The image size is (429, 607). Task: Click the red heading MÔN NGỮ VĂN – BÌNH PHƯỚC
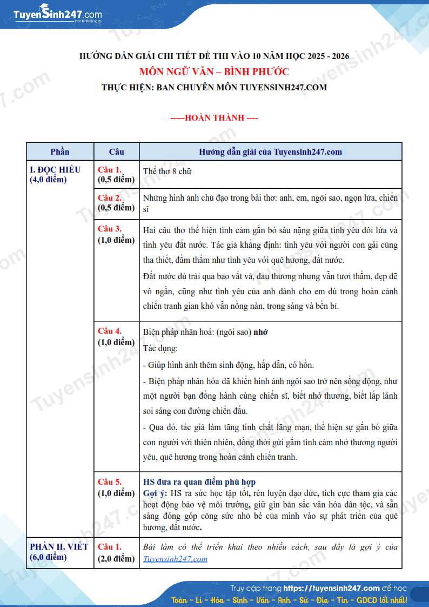214,72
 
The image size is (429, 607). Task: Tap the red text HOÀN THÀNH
215,118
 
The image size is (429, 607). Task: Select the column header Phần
60,152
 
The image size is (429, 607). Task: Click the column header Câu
117,152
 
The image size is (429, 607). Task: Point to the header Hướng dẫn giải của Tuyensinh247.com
270,152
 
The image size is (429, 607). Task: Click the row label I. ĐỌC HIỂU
55,169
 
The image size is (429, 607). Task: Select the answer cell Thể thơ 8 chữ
167,171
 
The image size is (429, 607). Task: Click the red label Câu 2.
110,197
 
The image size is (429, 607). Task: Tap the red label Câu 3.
110,228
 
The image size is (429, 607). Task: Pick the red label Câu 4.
110,331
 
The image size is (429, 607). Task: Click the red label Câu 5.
110,481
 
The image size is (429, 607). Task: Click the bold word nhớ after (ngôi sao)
261,332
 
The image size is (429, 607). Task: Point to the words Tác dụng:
160,348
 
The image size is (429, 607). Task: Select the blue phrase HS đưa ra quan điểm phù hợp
199,482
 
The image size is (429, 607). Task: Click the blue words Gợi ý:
155,493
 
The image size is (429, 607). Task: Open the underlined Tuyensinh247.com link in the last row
176,559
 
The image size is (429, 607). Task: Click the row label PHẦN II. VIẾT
59,546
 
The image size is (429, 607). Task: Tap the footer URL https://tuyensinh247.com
331,588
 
